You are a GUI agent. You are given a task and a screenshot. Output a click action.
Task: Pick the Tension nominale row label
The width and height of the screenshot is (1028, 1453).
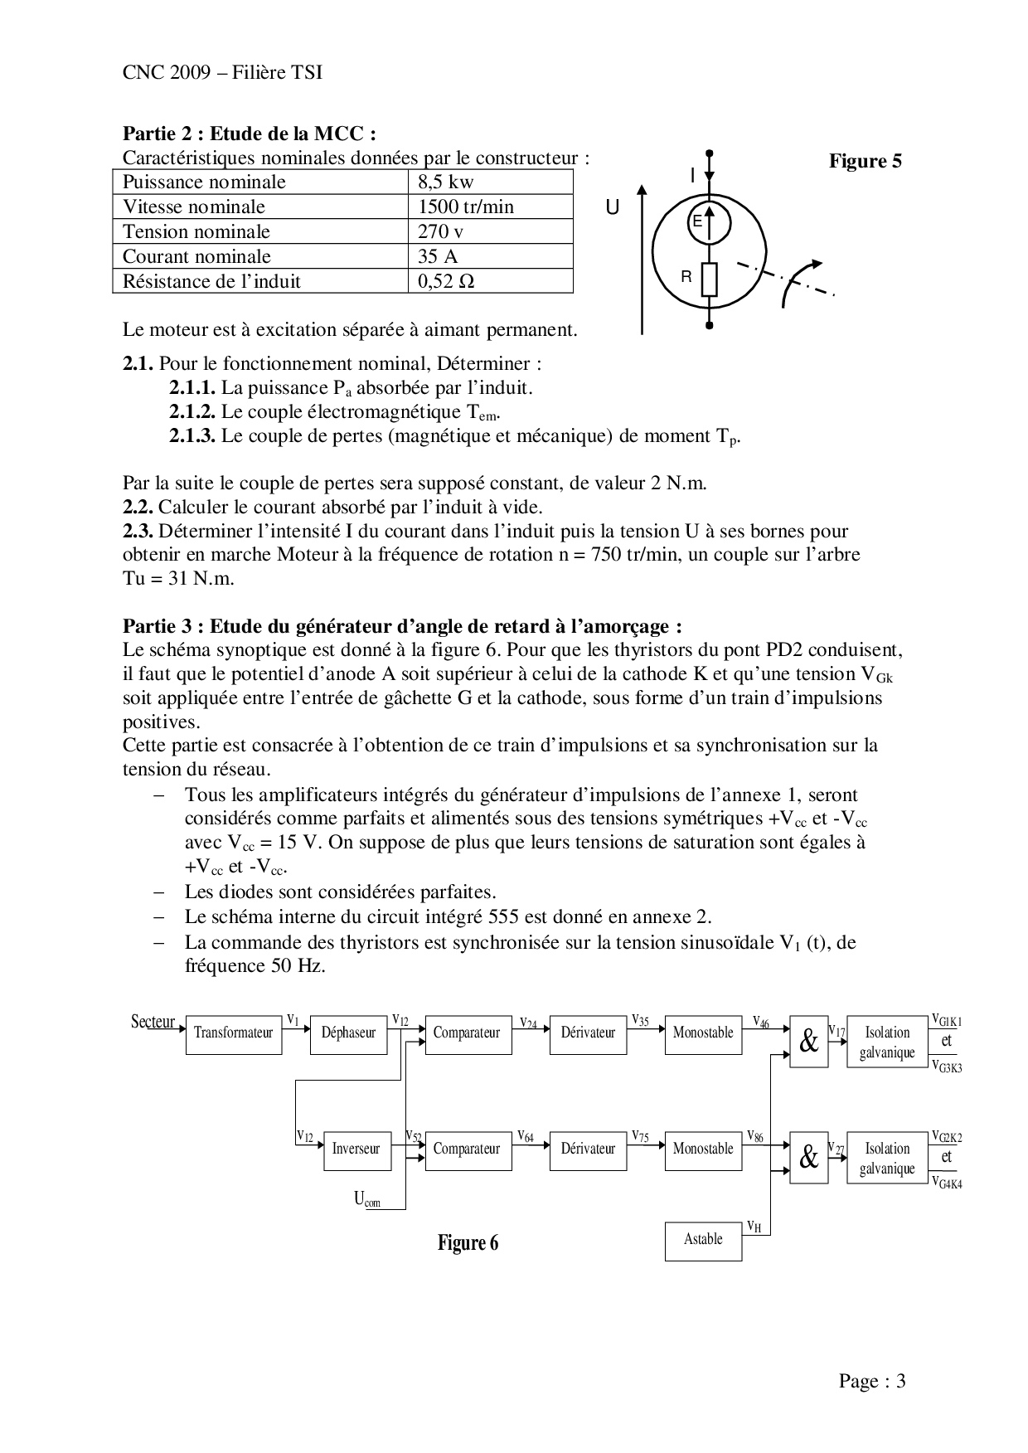click(260, 232)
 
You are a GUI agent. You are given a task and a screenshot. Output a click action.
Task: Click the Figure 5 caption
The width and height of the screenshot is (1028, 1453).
click(865, 161)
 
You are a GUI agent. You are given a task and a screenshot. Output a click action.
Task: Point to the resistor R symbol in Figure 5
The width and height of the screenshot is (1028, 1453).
click(709, 279)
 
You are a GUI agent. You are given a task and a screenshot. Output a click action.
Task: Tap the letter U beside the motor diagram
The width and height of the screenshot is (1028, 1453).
click(613, 208)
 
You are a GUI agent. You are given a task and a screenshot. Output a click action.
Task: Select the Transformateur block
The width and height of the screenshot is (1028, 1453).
click(233, 1033)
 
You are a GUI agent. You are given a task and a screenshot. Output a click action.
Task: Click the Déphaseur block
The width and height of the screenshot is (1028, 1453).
click(348, 1033)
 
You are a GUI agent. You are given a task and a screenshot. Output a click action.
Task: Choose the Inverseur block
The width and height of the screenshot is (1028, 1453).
click(356, 1149)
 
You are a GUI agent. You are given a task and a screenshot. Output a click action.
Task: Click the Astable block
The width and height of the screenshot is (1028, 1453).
click(703, 1240)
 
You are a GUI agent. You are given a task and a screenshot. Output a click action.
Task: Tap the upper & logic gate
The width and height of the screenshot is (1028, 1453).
click(808, 1042)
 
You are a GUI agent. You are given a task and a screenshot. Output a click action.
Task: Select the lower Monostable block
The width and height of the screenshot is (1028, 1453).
click(703, 1149)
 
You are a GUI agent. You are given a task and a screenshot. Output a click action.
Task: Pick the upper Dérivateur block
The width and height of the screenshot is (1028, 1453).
click(588, 1033)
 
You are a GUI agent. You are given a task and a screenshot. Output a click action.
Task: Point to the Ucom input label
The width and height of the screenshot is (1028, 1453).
click(367, 1199)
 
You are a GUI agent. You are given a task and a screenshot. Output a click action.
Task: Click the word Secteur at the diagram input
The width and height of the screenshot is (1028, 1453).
click(153, 1022)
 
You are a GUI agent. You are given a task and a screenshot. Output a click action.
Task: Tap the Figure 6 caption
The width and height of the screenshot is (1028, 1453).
click(468, 1243)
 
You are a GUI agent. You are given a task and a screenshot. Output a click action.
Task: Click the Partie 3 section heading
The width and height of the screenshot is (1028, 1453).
click(403, 625)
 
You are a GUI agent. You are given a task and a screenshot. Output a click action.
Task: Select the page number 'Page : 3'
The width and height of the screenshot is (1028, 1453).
click(872, 1382)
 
